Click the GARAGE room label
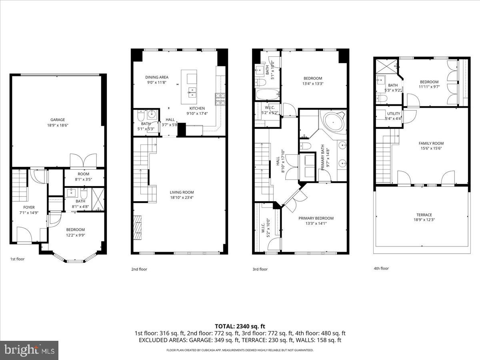tap(58, 120)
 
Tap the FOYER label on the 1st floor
tap(29, 207)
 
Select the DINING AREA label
tap(156, 77)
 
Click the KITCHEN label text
tap(197, 108)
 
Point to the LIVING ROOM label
tap(182, 192)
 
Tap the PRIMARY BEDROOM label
tap(316, 218)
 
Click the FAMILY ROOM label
tap(431, 143)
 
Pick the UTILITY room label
tap(393, 114)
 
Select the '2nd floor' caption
tap(139, 269)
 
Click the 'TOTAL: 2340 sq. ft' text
tap(240, 326)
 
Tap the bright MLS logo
tap(29, 350)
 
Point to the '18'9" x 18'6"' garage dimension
tap(58, 125)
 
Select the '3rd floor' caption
tap(260, 269)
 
